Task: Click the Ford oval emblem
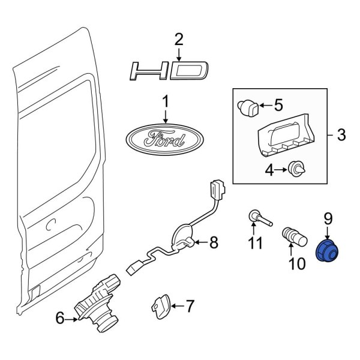click(164, 139)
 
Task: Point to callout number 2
click(178, 40)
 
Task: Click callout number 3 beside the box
click(341, 136)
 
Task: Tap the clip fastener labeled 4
click(295, 170)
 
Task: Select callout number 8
click(214, 243)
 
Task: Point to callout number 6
click(60, 319)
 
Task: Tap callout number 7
click(190, 307)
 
